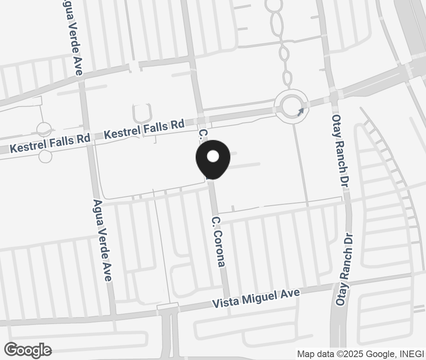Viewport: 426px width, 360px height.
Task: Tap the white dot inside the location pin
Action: [213, 156]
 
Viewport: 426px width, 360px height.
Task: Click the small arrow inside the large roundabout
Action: [301, 111]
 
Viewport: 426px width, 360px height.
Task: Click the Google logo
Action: [28, 350]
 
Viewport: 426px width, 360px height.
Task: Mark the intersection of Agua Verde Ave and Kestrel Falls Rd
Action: [88, 137]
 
